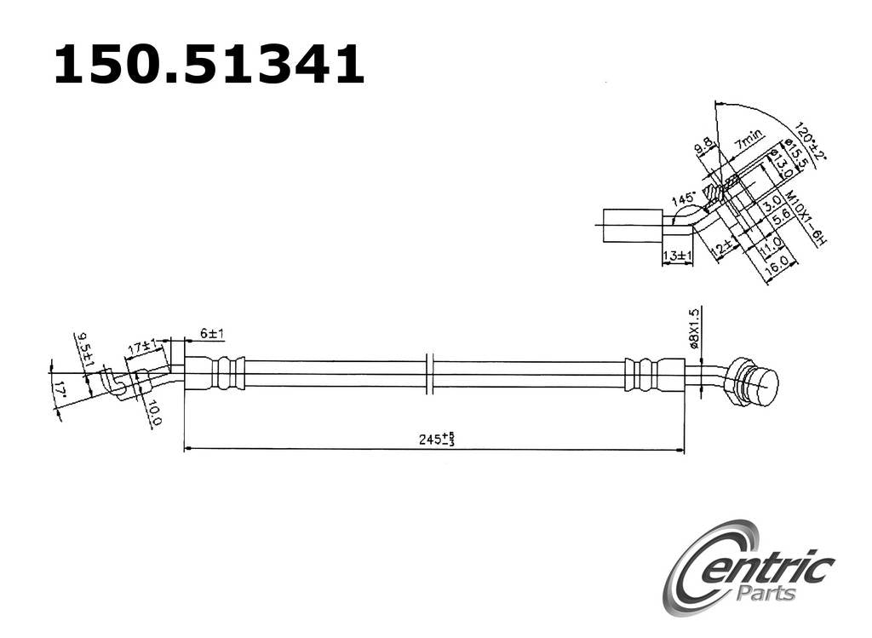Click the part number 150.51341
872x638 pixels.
point(209,66)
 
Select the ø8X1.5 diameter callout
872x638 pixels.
point(694,329)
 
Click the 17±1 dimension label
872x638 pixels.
point(141,348)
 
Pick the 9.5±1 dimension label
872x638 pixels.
point(83,349)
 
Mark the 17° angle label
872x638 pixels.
point(59,394)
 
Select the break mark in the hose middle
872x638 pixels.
point(430,373)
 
